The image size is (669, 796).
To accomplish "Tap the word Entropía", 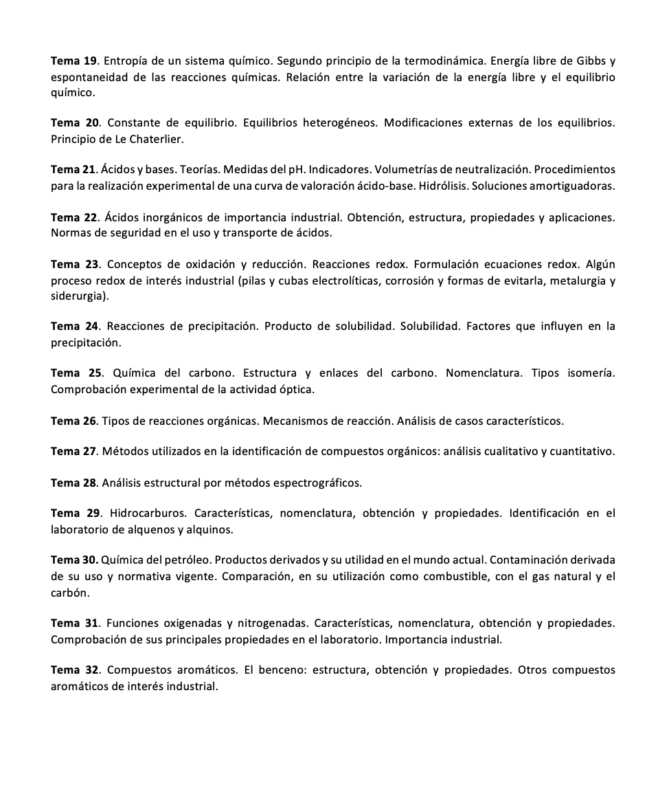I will [x=128, y=60].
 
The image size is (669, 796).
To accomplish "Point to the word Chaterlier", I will [x=157, y=139].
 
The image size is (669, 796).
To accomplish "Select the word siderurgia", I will [x=78, y=296].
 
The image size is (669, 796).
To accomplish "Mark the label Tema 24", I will [x=75, y=327].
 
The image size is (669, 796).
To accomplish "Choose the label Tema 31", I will [x=75, y=623].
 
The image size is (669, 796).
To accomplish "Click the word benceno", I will [x=280, y=670].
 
